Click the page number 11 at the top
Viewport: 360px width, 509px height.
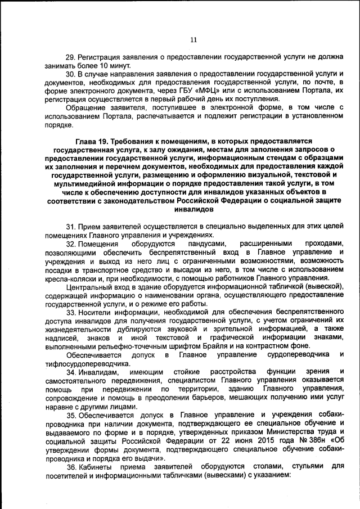pyautogui.click(x=193, y=39)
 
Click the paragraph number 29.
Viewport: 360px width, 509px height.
pyautogui.click(x=70, y=57)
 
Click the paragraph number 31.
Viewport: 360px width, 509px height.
pyautogui.click(x=70, y=226)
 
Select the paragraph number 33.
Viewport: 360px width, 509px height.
pyautogui.click(x=70, y=312)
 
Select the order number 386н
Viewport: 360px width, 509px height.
pyautogui.click(x=299, y=442)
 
